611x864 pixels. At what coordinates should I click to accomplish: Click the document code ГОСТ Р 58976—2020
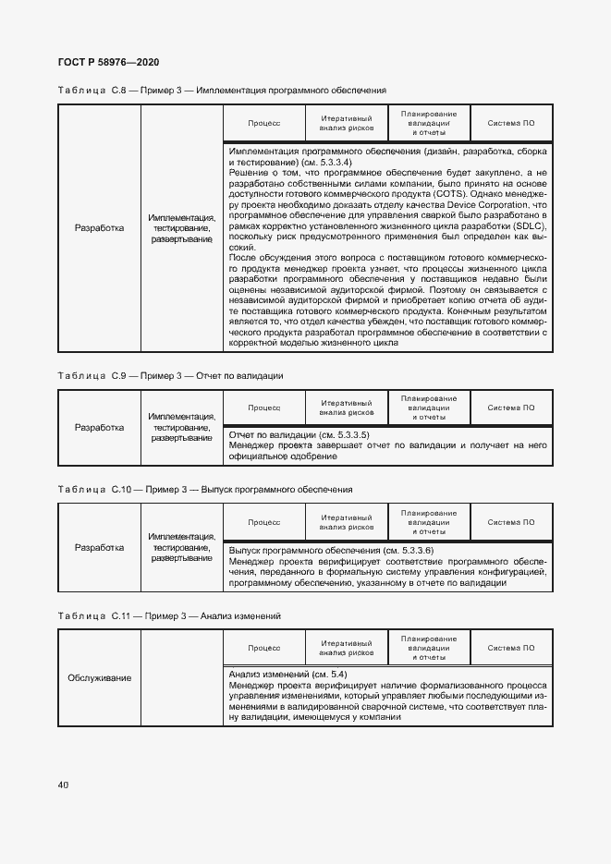pyautogui.click(x=108, y=62)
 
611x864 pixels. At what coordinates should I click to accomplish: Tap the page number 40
pyautogui.click(x=63, y=785)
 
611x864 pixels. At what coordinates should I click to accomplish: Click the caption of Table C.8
pyautogui.click(x=222, y=91)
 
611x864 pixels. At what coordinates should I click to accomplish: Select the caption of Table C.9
pyautogui.click(x=170, y=376)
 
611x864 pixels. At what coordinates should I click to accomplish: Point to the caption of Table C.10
pyautogui.click(x=204, y=489)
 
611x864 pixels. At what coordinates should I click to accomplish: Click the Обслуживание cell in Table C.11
pyautogui.click(x=99, y=678)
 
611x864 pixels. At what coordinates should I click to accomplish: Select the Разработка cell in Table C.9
pyautogui.click(x=99, y=428)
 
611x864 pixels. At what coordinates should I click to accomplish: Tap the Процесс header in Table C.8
pyautogui.click(x=263, y=123)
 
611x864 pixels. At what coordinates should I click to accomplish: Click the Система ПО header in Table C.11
pyautogui.click(x=511, y=647)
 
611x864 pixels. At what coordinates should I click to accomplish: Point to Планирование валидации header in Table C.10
pyautogui.click(x=429, y=521)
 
